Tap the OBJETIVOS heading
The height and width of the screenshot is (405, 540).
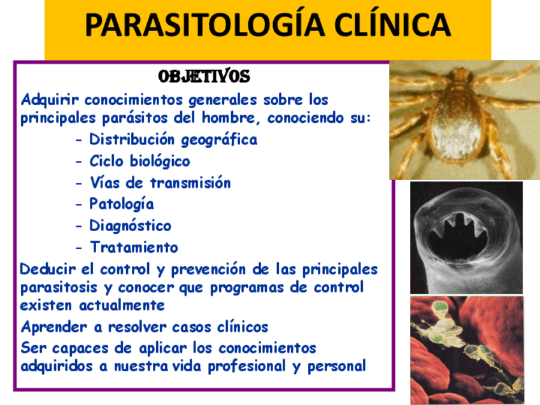coord(204,77)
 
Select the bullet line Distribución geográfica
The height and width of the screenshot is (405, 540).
coord(173,139)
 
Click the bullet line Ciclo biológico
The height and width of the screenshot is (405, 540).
coord(139,161)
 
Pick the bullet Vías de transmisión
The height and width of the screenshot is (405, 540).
coord(160,183)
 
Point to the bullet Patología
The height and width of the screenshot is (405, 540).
coord(122,204)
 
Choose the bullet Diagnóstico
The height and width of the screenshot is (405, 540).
coord(130,226)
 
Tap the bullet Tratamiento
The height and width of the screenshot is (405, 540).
coord(134,247)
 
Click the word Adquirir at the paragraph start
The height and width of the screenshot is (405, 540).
coord(50,101)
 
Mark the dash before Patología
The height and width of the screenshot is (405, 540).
coord(78,205)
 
